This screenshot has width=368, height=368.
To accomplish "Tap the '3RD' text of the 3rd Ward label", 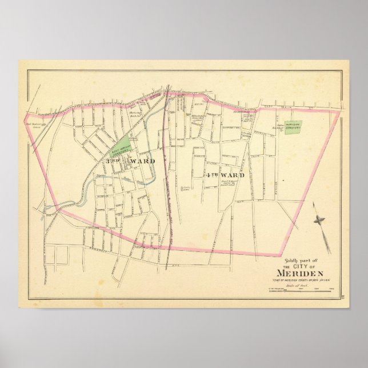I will pyautogui.click(x=111, y=162).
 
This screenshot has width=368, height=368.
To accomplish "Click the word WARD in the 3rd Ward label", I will pyautogui.click(x=142, y=162).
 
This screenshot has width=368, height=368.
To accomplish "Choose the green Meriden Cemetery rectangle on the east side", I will pyautogui.click(x=294, y=127).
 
